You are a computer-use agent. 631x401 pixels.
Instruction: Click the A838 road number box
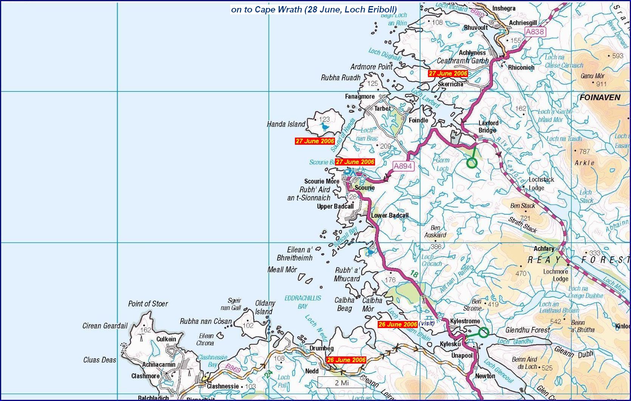[535, 32]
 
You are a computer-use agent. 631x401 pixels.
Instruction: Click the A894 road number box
[402, 166]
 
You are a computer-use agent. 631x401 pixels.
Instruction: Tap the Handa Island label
[286, 124]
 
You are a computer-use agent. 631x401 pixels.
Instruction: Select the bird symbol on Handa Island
[325, 128]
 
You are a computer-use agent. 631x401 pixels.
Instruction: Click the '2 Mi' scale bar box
[341, 382]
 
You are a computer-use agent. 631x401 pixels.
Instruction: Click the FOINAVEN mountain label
[600, 98]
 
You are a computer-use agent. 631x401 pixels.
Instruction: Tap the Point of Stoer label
[148, 303]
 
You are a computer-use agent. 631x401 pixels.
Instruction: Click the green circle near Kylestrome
[484, 333]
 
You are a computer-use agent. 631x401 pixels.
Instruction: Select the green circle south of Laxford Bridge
[472, 163]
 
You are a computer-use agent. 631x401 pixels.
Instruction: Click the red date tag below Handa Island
[315, 141]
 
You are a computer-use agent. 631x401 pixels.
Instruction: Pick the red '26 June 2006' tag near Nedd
[346, 360]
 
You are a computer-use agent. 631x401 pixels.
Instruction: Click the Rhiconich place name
[521, 67]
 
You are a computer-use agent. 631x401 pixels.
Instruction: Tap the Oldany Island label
[265, 307]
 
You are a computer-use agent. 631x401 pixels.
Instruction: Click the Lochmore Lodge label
[556, 275]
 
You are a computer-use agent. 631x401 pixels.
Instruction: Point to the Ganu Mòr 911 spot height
[593, 80]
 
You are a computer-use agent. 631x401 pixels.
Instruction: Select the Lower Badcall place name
[389, 215]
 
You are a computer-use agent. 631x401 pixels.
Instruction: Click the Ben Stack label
[522, 206]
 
